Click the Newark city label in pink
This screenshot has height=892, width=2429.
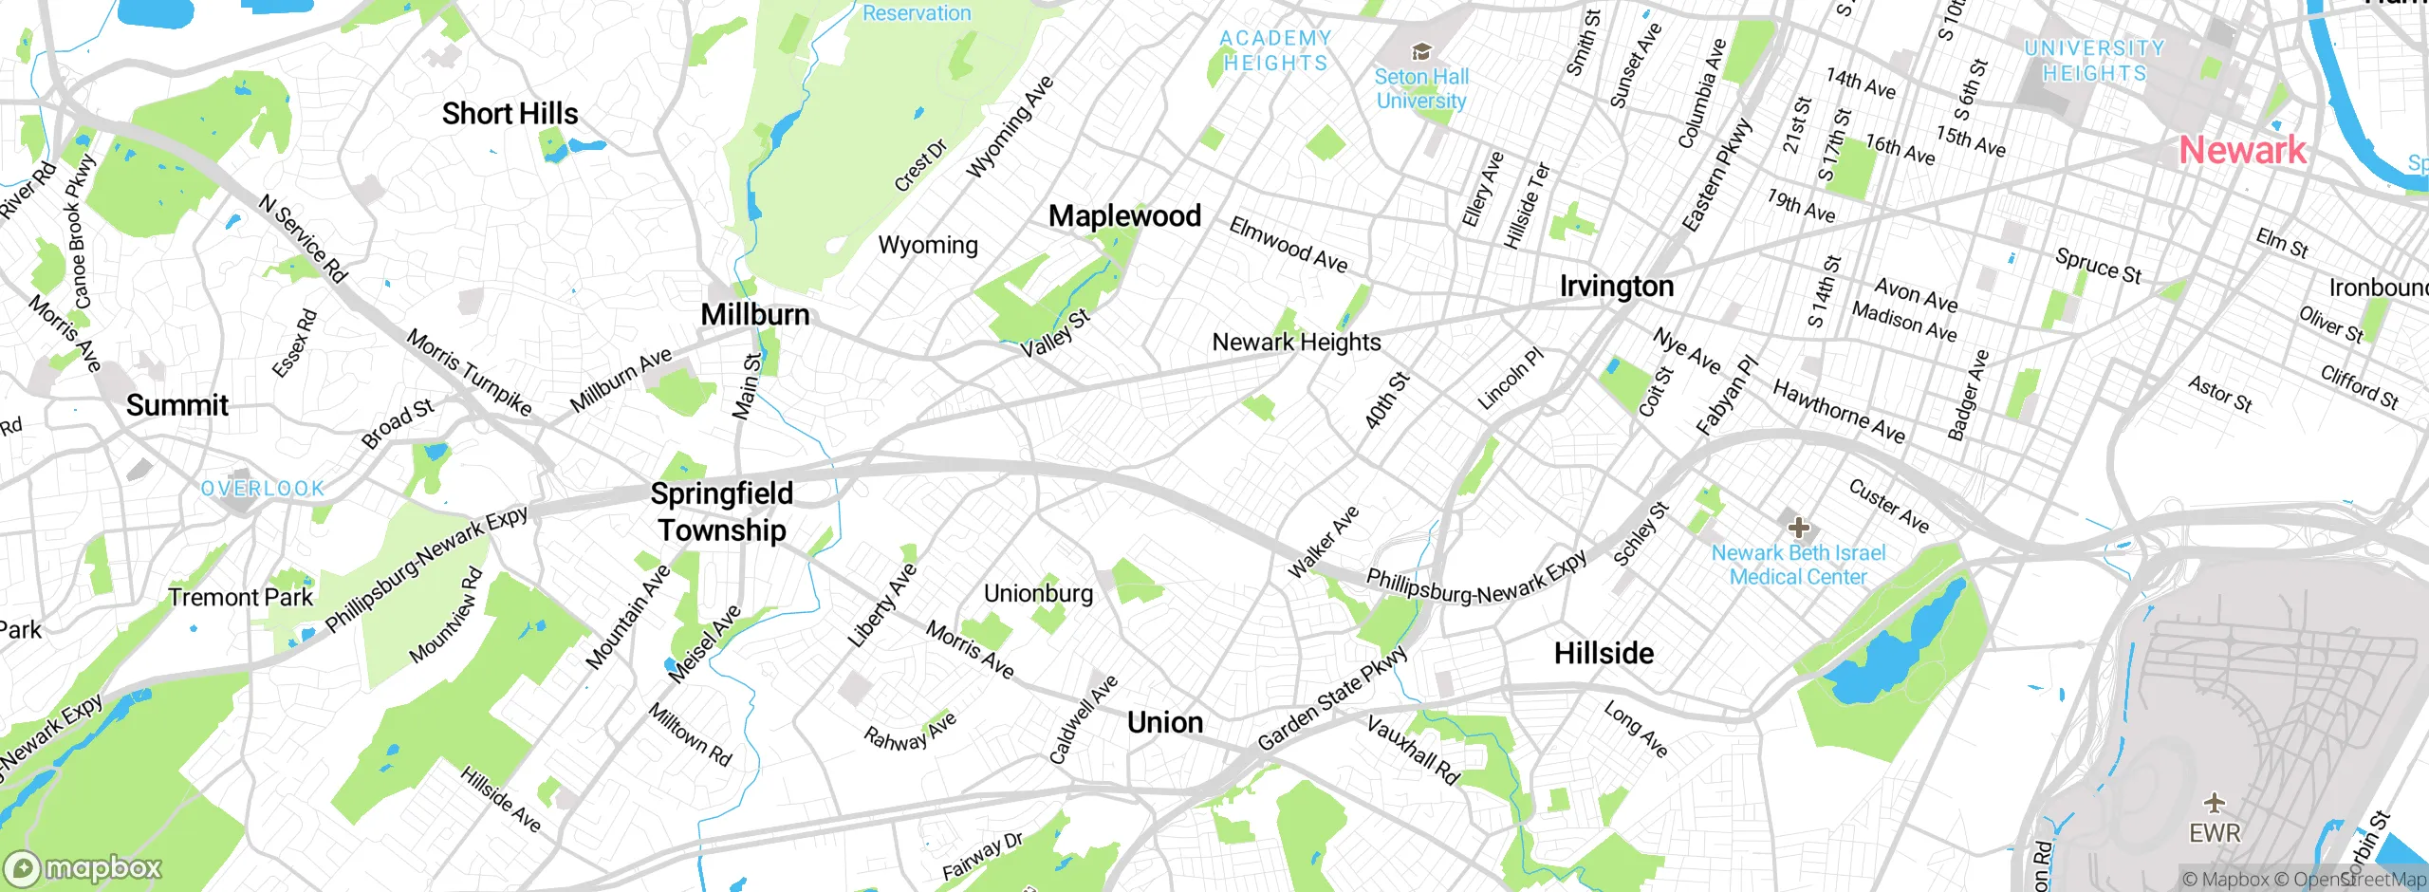(2241, 150)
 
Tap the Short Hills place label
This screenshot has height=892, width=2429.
(510, 114)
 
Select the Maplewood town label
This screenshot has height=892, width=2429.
(1124, 216)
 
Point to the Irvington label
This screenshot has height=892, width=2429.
(1616, 287)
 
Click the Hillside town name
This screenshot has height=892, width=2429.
(1604, 654)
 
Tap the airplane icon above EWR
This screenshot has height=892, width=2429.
(2215, 803)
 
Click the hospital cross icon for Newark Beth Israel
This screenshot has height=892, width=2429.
(1798, 528)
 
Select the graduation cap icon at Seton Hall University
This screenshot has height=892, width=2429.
(1420, 51)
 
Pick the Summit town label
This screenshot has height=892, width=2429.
(177, 406)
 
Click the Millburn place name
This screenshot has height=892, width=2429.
(755, 315)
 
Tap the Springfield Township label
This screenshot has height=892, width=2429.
(721, 511)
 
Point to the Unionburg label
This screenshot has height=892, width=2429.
(1038, 594)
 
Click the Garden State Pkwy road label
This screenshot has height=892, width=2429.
(1332, 699)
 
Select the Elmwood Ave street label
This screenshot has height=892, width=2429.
(1288, 245)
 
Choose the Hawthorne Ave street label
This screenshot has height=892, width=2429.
(1838, 412)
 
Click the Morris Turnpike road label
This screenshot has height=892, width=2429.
(469, 372)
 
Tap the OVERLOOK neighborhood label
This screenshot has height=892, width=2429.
(263, 489)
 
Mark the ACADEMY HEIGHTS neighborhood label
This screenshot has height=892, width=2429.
(1275, 51)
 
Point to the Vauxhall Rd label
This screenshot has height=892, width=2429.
(1412, 751)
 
